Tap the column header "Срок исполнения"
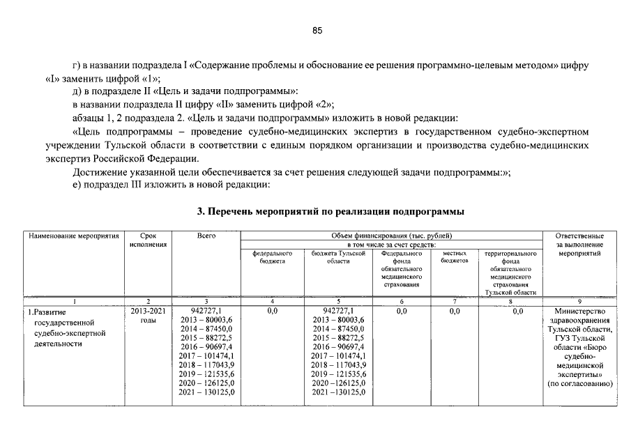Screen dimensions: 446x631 [148, 240]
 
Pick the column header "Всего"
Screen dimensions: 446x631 [206, 236]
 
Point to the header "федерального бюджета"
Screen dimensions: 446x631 [273, 258]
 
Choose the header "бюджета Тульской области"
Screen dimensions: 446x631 [338, 258]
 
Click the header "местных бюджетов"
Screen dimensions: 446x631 [455, 258]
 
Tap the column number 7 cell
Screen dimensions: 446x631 [455, 301]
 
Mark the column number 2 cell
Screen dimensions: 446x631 [148, 301]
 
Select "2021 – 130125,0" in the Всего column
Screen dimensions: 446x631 [206, 392]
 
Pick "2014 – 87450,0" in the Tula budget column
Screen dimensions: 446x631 [338, 329]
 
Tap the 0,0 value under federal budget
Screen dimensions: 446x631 [273, 311]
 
